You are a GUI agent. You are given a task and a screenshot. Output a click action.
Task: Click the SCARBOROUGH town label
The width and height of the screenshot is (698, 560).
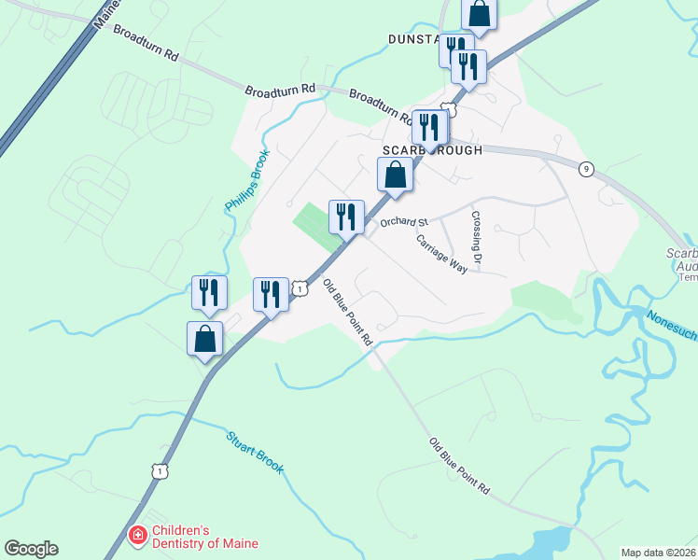tap(432, 150)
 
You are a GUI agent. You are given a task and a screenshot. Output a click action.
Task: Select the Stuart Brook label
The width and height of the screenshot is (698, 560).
tap(255, 452)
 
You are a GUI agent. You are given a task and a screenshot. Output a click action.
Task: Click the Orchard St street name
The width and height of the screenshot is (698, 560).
tap(403, 222)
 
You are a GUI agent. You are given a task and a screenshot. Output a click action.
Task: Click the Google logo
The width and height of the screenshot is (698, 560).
tap(31, 549)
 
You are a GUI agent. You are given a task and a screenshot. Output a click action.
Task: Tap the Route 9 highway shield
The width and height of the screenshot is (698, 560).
tap(585, 169)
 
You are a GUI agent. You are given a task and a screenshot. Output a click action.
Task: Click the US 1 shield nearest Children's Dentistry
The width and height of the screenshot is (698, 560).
tap(161, 472)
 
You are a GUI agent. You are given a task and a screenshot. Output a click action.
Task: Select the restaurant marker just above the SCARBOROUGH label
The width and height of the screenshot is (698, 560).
tap(429, 127)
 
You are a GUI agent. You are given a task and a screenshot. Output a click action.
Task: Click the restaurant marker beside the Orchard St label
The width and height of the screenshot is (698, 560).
tap(345, 217)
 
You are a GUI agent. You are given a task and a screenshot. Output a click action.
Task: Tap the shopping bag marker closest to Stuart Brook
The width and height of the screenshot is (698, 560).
tap(205, 339)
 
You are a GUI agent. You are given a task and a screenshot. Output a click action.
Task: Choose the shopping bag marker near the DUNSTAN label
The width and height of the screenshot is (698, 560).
tap(479, 14)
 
